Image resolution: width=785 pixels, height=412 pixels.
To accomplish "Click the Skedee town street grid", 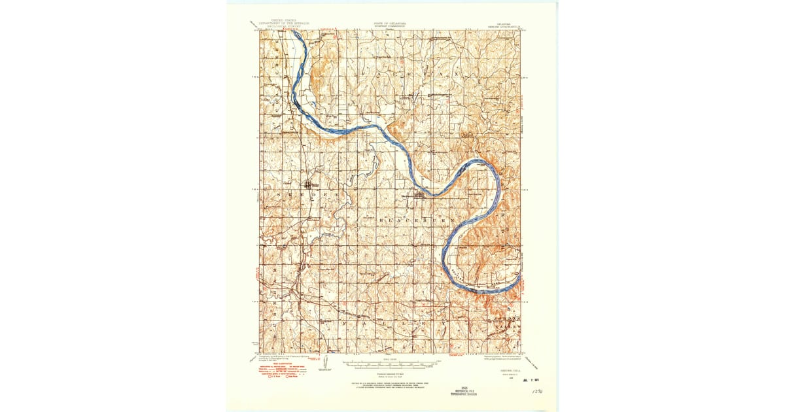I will click(307, 185).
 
